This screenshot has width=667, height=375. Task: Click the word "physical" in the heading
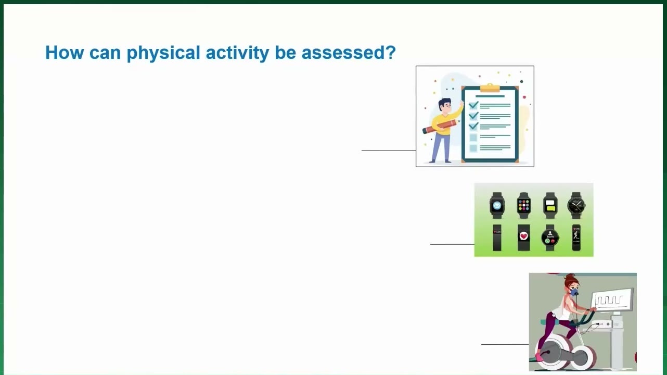pos(163,53)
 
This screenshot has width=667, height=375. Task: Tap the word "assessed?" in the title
pos(349,53)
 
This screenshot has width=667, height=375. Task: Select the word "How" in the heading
pos(65,53)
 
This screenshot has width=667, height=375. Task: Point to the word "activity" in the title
pos(237,53)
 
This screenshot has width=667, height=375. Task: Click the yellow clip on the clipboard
pos(490,88)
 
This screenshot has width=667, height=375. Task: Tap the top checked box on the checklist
pos(473,105)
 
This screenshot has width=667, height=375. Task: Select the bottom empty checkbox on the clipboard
pos(473,148)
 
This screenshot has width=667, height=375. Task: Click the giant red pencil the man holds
pos(440,127)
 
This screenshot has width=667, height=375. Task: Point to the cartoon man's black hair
pos(444,103)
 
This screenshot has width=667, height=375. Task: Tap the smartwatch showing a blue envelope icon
pos(497,205)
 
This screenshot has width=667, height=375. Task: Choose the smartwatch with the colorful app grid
pos(524,205)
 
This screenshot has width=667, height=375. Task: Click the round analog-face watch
pos(576,205)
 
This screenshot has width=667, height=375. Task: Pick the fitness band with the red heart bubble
pos(523,238)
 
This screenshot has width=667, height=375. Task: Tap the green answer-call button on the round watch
pos(547,241)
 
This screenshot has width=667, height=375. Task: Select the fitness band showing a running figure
pos(576,238)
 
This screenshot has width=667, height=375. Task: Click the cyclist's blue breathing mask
pos(574,292)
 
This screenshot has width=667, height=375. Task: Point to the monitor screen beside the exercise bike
pos(612,299)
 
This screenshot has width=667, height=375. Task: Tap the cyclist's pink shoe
pos(539,356)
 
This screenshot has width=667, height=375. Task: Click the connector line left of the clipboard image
pos(389,151)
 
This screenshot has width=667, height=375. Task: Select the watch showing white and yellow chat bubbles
pos(550,205)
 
